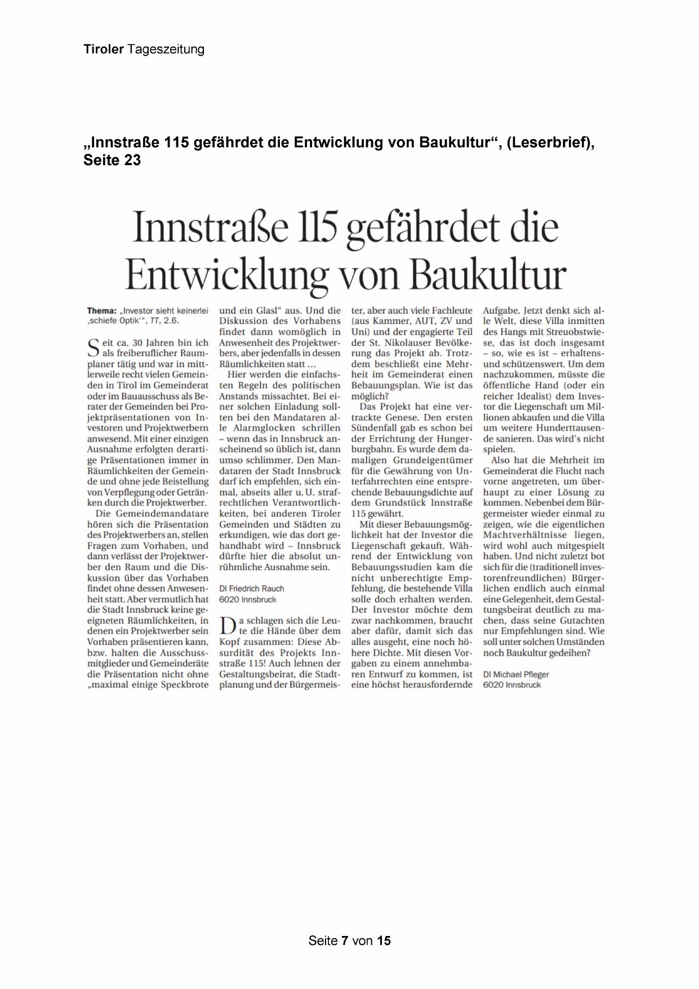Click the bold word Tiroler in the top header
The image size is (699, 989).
(x=104, y=49)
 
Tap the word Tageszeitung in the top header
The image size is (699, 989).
(x=166, y=50)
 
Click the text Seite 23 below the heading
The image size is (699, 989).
(x=112, y=160)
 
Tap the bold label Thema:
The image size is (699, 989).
(x=102, y=311)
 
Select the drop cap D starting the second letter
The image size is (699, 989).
(x=226, y=625)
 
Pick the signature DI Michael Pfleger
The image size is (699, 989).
(x=516, y=674)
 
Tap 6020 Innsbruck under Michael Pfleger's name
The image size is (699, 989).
(x=511, y=685)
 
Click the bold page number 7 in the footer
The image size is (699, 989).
(x=345, y=940)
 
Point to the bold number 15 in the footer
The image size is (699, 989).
(x=384, y=940)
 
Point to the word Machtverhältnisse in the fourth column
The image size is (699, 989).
(x=523, y=535)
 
